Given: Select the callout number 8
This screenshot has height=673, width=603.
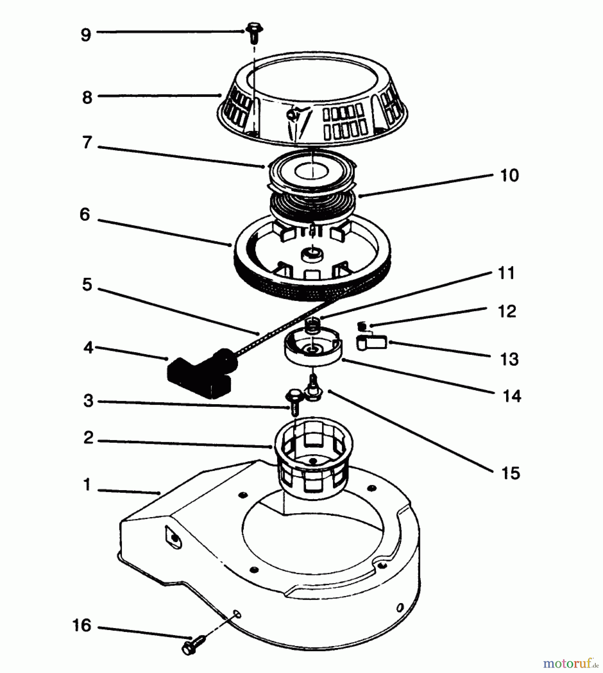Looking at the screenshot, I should pyautogui.click(x=87, y=98).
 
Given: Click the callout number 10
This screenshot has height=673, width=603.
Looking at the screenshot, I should pyautogui.click(x=509, y=175).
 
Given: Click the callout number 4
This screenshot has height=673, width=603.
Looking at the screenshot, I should pyautogui.click(x=88, y=348).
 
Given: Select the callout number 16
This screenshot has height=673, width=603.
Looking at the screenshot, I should pyautogui.click(x=82, y=625).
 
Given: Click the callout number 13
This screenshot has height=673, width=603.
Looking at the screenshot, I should pyautogui.click(x=509, y=359).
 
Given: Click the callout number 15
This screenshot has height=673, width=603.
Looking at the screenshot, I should pyautogui.click(x=510, y=473).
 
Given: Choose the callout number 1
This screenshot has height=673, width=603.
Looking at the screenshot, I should pyautogui.click(x=87, y=485).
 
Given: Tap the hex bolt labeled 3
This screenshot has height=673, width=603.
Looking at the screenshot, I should pyautogui.click(x=293, y=402).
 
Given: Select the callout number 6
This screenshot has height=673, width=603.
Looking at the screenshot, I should pyautogui.click(x=85, y=215).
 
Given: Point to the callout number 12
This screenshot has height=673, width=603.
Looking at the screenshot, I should pyautogui.click(x=507, y=311).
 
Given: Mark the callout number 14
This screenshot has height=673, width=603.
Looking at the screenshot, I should pyautogui.click(x=511, y=396).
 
